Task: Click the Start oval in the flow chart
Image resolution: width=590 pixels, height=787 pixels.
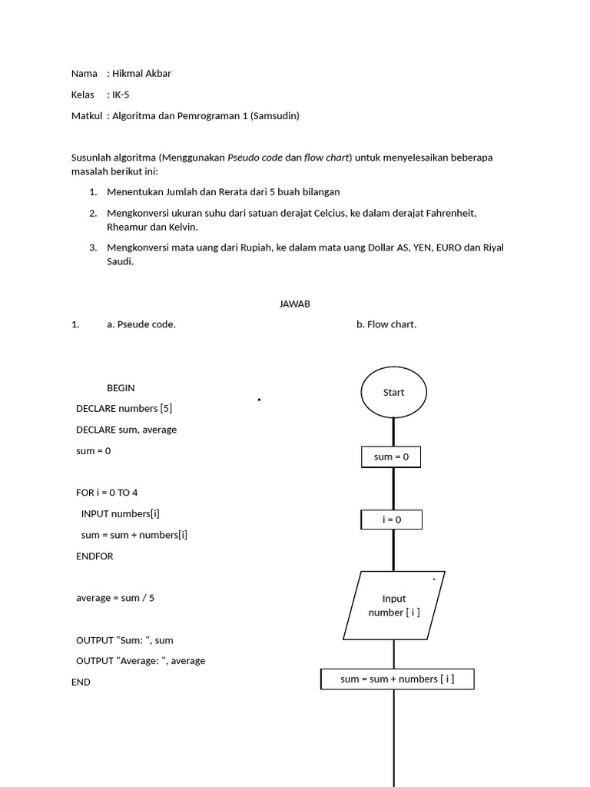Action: pyautogui.click(x=393, y=392)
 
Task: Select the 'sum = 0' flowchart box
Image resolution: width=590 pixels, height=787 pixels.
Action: pyautogui.click(x=391, y=457)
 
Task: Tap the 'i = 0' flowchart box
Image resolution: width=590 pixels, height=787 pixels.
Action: pyautogui.click(x=391, y=520)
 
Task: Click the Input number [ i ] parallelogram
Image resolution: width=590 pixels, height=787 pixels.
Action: pyautogui.click(x=393, y=606)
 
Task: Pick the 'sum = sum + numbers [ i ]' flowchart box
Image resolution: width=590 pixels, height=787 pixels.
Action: pyautogui.click(x=397, y=679)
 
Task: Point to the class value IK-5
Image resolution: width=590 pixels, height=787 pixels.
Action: pyautogui.click(x=121, y=95)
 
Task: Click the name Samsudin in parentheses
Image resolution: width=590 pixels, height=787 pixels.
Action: pyautogui.click(x=274, y=116)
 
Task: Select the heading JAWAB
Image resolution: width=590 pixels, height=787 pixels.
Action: pyautogui.click(x=295, y=304)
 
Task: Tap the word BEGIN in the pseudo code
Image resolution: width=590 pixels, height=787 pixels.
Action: pyautogui.click(x=121, y=388)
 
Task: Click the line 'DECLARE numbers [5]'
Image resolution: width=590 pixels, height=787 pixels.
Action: pyautogui.click(x=129, y=409)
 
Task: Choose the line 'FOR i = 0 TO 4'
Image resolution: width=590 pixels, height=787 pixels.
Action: pyautogui.click(x=107, y=493)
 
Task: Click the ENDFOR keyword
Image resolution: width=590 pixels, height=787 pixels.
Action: pyautogui.click(x=94, y=556)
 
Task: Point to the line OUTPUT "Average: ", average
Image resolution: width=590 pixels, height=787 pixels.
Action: pyautogui.click(x=141, y=661)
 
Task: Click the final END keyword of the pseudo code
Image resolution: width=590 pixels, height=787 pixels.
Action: pyautogui.click(x=81, y=682)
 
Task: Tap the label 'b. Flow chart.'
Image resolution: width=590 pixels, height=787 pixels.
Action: pyautogui.click(x=386, y=324)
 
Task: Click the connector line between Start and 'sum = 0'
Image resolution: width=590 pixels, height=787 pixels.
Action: pyautogui.click(x=393, y=432)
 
